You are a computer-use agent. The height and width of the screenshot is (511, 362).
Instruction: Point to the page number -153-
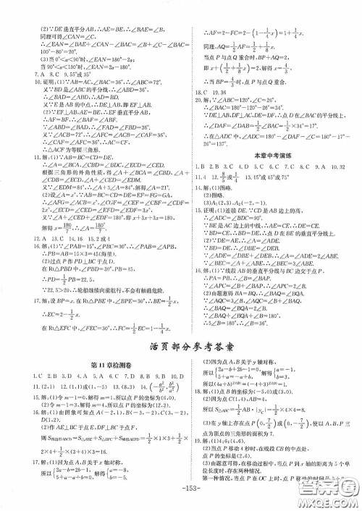pyautogui.click(x=182, y=502)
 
